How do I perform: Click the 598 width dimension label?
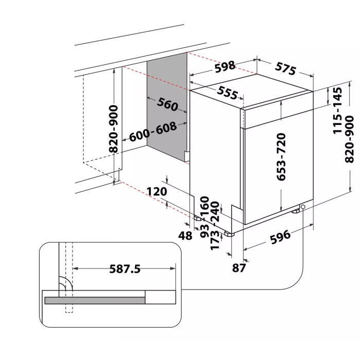225,66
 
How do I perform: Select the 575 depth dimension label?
285,68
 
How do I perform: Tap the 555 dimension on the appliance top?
227,93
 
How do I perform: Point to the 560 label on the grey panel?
167,104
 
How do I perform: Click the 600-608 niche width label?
153,132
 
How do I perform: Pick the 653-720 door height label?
281,157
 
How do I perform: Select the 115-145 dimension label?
337,111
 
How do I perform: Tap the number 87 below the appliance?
239,268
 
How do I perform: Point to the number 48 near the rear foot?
185,236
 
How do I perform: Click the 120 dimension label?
157,191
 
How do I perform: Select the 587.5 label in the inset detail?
124,269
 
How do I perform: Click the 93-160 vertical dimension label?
205,217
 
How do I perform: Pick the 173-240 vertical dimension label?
215,225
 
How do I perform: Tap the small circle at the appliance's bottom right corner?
303,207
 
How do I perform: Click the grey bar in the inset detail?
95,300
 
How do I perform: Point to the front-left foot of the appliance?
229,233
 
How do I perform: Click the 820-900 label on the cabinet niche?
114,129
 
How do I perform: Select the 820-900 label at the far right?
349,139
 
